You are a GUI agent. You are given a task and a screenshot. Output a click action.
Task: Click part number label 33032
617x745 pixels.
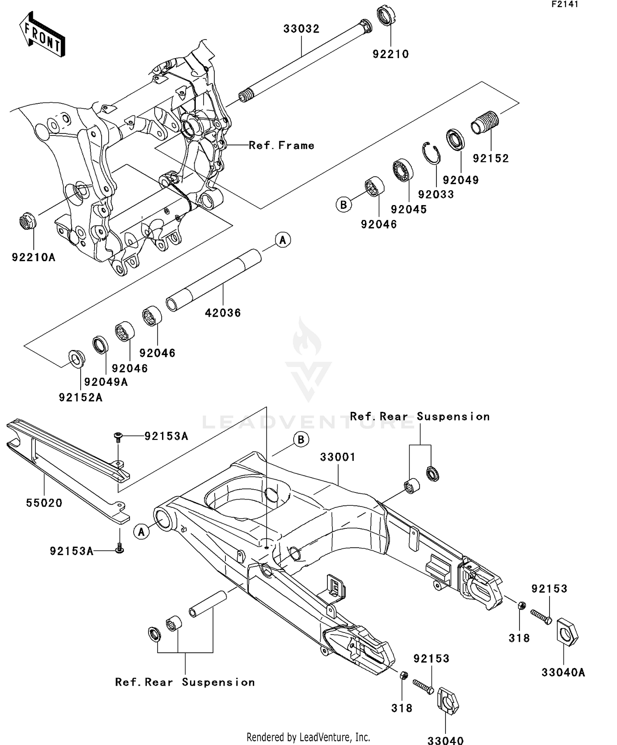(301, 29)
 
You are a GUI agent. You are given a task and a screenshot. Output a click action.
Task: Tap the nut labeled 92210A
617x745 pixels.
(28, 222)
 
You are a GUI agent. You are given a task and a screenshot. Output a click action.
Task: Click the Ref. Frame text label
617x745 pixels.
(282, 145)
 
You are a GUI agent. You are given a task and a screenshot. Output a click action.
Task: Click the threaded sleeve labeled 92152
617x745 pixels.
(485, 122)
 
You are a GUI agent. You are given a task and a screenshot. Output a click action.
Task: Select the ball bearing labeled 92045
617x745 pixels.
(403, 169)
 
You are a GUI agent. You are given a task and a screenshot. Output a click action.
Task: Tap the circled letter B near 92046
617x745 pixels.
(343, 204)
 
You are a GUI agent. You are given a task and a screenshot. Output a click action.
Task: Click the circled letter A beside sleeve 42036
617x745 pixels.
(283, 240)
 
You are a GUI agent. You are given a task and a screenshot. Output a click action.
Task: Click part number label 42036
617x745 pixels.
(223, 313)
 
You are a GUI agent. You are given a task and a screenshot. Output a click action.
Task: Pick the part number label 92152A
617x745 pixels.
(81, 397)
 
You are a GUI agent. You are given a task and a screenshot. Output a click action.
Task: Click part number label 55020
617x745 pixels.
(44, 503)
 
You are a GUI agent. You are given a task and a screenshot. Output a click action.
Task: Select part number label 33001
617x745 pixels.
(338, 457)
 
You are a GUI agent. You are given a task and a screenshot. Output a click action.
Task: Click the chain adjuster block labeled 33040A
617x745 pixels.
(567, 631)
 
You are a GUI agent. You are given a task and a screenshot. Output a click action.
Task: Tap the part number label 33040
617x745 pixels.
(445, 740)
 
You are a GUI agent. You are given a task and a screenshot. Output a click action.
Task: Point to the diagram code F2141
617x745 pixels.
(565, 5)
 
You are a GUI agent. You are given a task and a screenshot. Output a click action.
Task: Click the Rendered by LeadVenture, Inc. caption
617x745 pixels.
(308, 736)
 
